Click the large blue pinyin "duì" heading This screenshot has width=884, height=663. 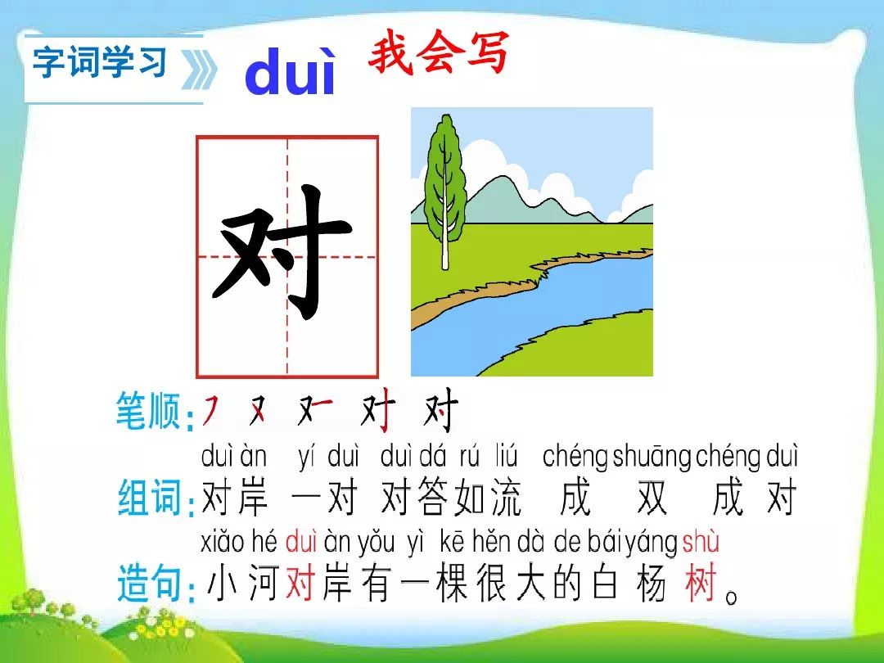point(291,72)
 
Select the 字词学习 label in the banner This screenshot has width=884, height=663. point(100,62)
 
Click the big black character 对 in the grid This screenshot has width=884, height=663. point(282,251)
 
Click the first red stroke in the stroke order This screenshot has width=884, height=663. point(210,410)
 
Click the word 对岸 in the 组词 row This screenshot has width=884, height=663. point(234,498)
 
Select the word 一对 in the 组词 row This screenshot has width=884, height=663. point(324,498)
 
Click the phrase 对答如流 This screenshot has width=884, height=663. point(450,498)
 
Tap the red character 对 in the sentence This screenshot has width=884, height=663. point(300,583)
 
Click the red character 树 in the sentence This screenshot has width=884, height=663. point(701,583)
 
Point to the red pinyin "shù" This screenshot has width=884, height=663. point(700,542)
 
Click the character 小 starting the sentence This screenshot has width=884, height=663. point(221,584)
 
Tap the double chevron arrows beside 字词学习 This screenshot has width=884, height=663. point(198,70)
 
